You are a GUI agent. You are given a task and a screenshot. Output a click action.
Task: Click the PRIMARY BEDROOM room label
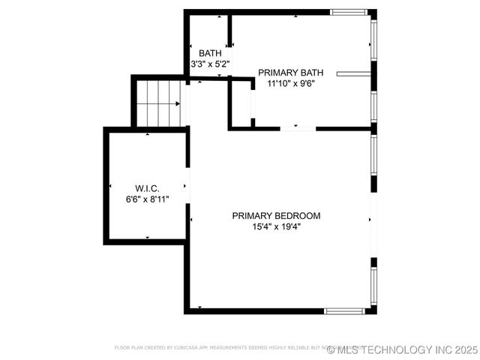click(276, 216)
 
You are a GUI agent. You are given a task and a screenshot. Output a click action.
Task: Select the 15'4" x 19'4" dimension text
click(276, 226)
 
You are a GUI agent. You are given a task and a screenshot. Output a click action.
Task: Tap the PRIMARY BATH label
click(291, 73)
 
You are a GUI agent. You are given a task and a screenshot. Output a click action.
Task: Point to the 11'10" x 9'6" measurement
click(291, 83)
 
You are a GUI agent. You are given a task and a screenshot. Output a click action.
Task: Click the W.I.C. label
click(147, 187)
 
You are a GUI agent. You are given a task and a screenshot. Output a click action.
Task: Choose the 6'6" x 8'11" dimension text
click(147, 199)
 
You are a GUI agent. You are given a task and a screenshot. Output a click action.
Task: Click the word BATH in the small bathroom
click(210, 53)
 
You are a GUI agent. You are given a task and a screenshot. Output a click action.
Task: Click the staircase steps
click(159, 103)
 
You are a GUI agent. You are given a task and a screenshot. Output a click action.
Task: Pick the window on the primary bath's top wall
click(349, 12)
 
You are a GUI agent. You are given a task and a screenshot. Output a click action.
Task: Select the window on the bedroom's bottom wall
click(346, 310)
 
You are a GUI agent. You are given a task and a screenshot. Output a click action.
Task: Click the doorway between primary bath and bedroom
click(298, 129)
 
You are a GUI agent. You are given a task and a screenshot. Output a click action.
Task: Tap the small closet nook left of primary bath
click(241, 103)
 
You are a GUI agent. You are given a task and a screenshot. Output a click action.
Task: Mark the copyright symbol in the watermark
click(331, 349)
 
